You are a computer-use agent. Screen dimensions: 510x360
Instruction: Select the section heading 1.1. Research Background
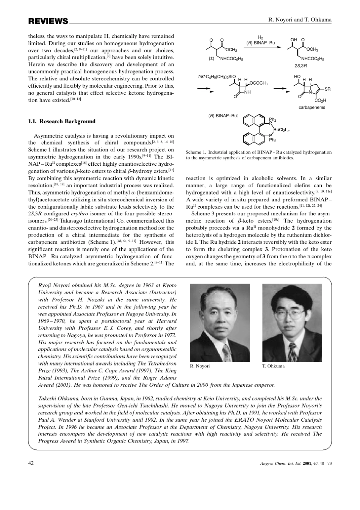(62, 121)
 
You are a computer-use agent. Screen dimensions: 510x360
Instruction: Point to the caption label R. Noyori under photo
(200, 366)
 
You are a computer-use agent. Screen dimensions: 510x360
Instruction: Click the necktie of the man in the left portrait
(227, 352)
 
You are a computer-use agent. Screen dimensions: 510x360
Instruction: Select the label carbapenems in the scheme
(311, 107)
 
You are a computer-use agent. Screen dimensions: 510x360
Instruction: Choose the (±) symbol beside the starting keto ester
(211, 59)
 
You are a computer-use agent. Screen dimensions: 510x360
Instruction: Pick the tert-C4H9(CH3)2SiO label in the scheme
(217, 77)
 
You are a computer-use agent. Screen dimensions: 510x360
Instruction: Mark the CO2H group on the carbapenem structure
(320, 100)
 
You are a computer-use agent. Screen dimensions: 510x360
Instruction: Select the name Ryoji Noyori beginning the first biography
(55, 285)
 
